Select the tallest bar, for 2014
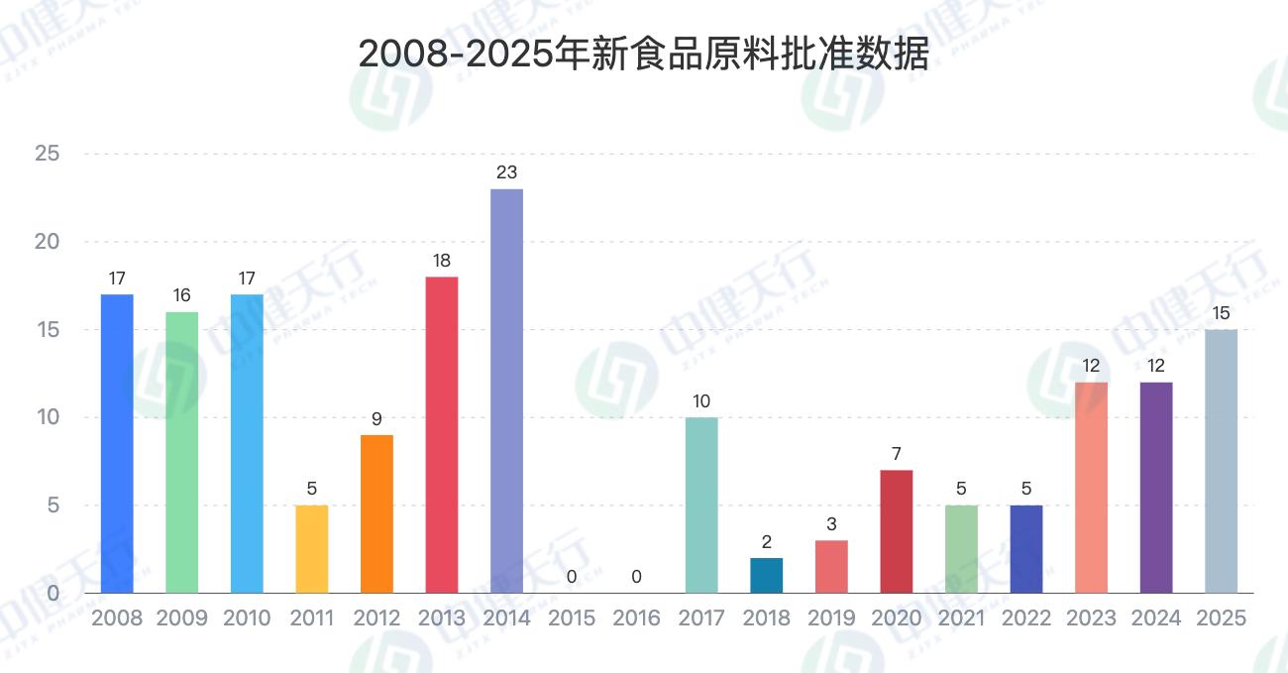point(506,391)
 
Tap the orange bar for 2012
point(376,513)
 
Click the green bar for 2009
point(181,452)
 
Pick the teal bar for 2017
point(701,505)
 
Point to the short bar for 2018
point(766,575)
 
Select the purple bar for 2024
point(1156,488)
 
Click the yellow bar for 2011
point(311,549)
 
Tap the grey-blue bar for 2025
point(1221,461)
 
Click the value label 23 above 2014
point(506,172)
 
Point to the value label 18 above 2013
point(442,261)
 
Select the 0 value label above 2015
point(572,577)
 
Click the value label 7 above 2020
point(896,454)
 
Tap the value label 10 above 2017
point(701,401)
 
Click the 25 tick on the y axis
point(47,154)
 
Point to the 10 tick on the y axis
point(47,417)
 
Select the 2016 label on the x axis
point(636,618)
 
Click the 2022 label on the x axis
point(1026,618)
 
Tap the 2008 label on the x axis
point(117,618)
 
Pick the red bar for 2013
point(442,434)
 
